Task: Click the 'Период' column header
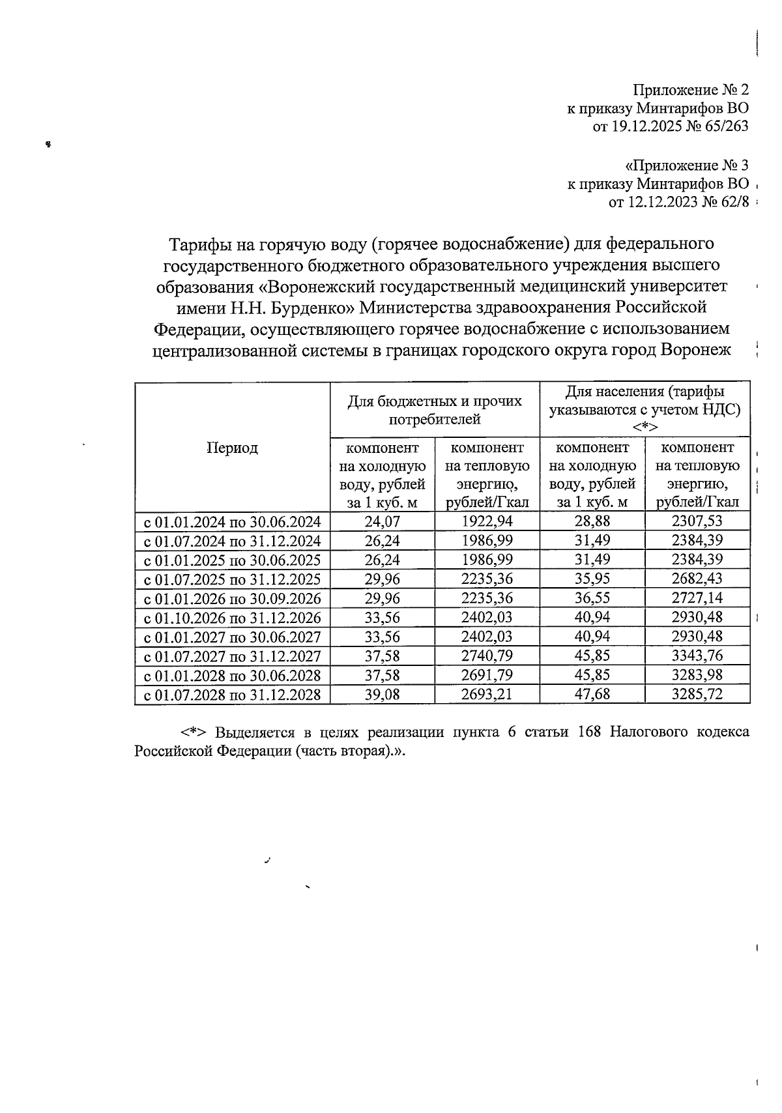(x=232, y=448)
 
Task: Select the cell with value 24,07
(x=382, y=521)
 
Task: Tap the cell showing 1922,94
(x=487, y=521)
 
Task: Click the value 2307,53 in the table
(x=697, y=521)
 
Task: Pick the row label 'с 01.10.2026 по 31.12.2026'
(x=232, y=618)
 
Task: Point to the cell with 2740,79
(x=487, y=656)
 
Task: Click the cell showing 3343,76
(x=697, y=656)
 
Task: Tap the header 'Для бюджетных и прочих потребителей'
(x=435, y=410)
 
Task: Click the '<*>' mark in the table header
(x=644, y=427)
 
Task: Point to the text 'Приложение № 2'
(x=691, y=90)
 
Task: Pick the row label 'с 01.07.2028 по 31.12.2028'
(x=232, y=695)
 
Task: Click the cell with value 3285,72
(x=697, y=695)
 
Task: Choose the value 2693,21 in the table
(x=487, y=695)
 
